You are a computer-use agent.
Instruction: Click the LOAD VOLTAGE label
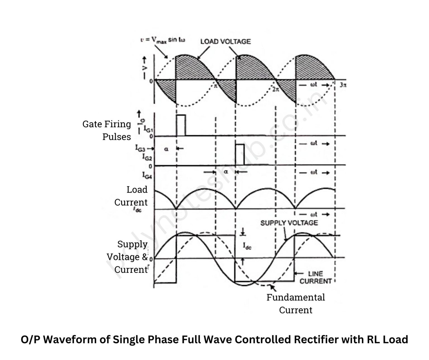pos(225,41)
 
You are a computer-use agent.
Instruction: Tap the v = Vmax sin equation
pos(163,40)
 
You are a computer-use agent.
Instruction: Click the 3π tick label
pos(343,85)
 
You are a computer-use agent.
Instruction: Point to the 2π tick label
pos(275,89)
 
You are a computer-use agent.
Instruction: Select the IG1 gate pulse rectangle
pos(181,125)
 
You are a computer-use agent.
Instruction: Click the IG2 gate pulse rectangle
pos(240,154)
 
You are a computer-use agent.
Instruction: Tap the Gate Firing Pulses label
pos(107,130)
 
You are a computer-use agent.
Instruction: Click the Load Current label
pos(131,196)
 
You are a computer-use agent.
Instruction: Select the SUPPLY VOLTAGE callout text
pos(289,223)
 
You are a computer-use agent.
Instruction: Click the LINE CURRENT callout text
pos(316,277)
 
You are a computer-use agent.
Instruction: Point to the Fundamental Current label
pos(295,304)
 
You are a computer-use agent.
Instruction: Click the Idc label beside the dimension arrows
pos(247,246)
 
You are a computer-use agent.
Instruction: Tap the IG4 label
pos(147,175)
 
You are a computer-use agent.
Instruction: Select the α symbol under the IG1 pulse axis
pos(166,149)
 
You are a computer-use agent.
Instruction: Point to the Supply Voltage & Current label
pos(127,257)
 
